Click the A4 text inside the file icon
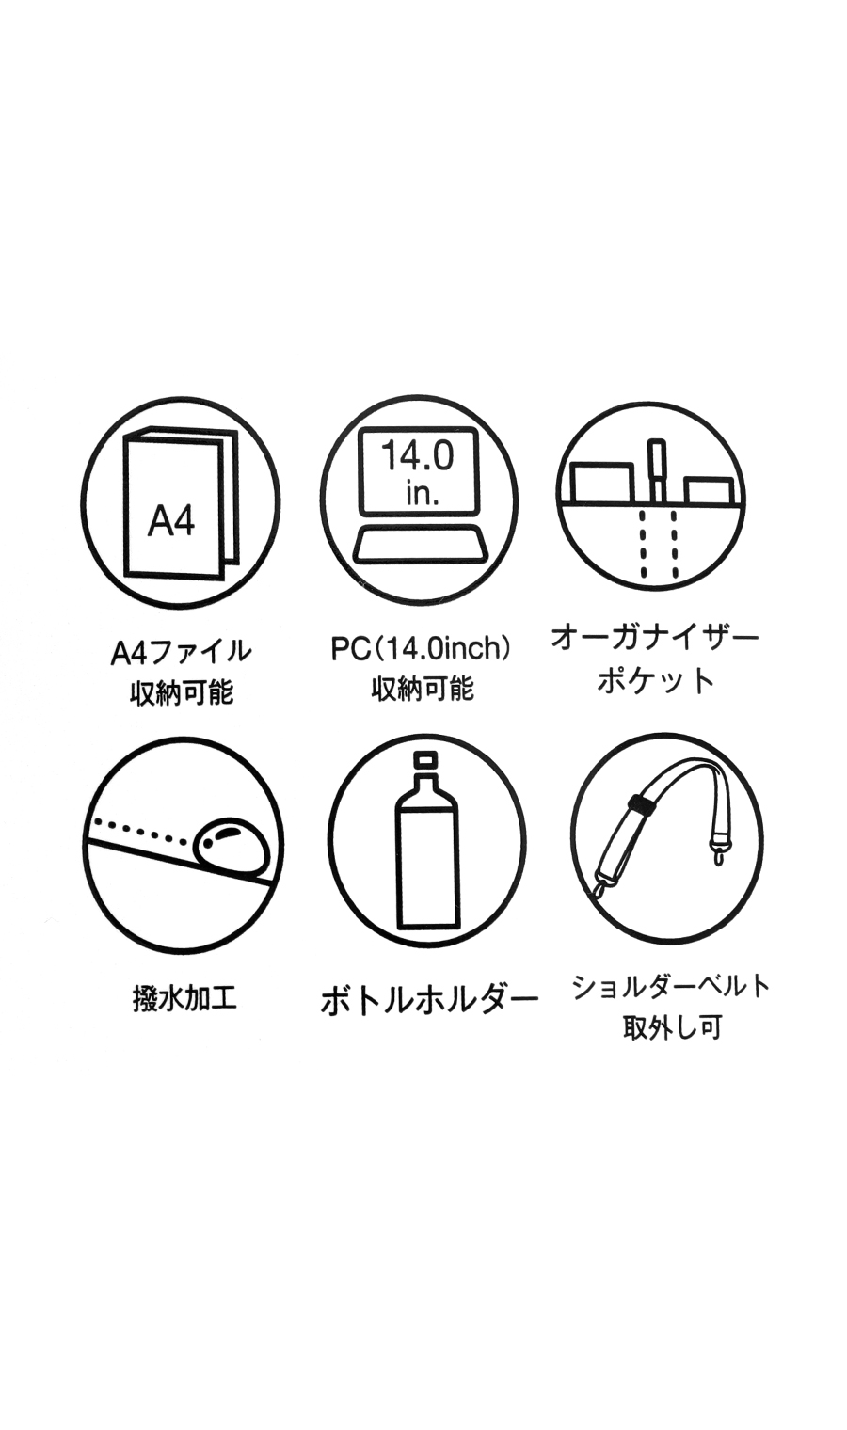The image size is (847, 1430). [x=171, y=519]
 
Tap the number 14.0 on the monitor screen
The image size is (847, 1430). [x=417, y=456]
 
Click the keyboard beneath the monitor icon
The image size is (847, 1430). [x=420, y=546]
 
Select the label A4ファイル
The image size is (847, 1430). [x=181, y=651]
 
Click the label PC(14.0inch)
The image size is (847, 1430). [x=421, y=648]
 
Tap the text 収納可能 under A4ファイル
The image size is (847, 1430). [x=181, y=693]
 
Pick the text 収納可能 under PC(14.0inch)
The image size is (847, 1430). [x=422, y=689]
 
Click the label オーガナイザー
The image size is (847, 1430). [x=655, y=638]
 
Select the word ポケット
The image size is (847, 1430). [x=655, y=680]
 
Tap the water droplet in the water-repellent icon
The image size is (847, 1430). [x=232, y=845]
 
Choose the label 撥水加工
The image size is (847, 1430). [x=184, y=998]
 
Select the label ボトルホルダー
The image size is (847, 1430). [x=429, y=999]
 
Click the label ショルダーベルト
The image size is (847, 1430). [x=671, y=986]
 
